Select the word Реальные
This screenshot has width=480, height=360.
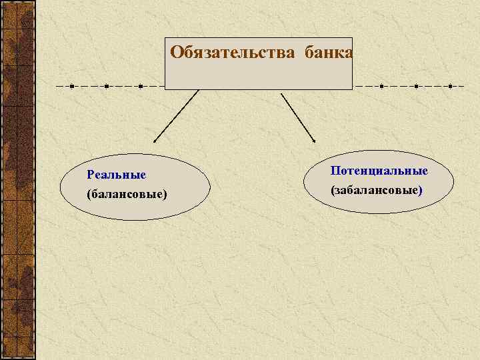point(116,175)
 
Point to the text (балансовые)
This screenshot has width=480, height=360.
point(127,194)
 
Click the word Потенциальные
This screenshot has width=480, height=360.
point(379,171)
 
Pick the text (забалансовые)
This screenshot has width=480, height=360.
point(377,190)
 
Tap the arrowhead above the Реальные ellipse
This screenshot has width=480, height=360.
point(155,141)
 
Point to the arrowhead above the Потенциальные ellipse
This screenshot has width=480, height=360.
point(314,139)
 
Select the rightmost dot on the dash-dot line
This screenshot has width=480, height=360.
point(451,87)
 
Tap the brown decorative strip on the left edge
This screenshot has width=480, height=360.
point(18,180)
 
